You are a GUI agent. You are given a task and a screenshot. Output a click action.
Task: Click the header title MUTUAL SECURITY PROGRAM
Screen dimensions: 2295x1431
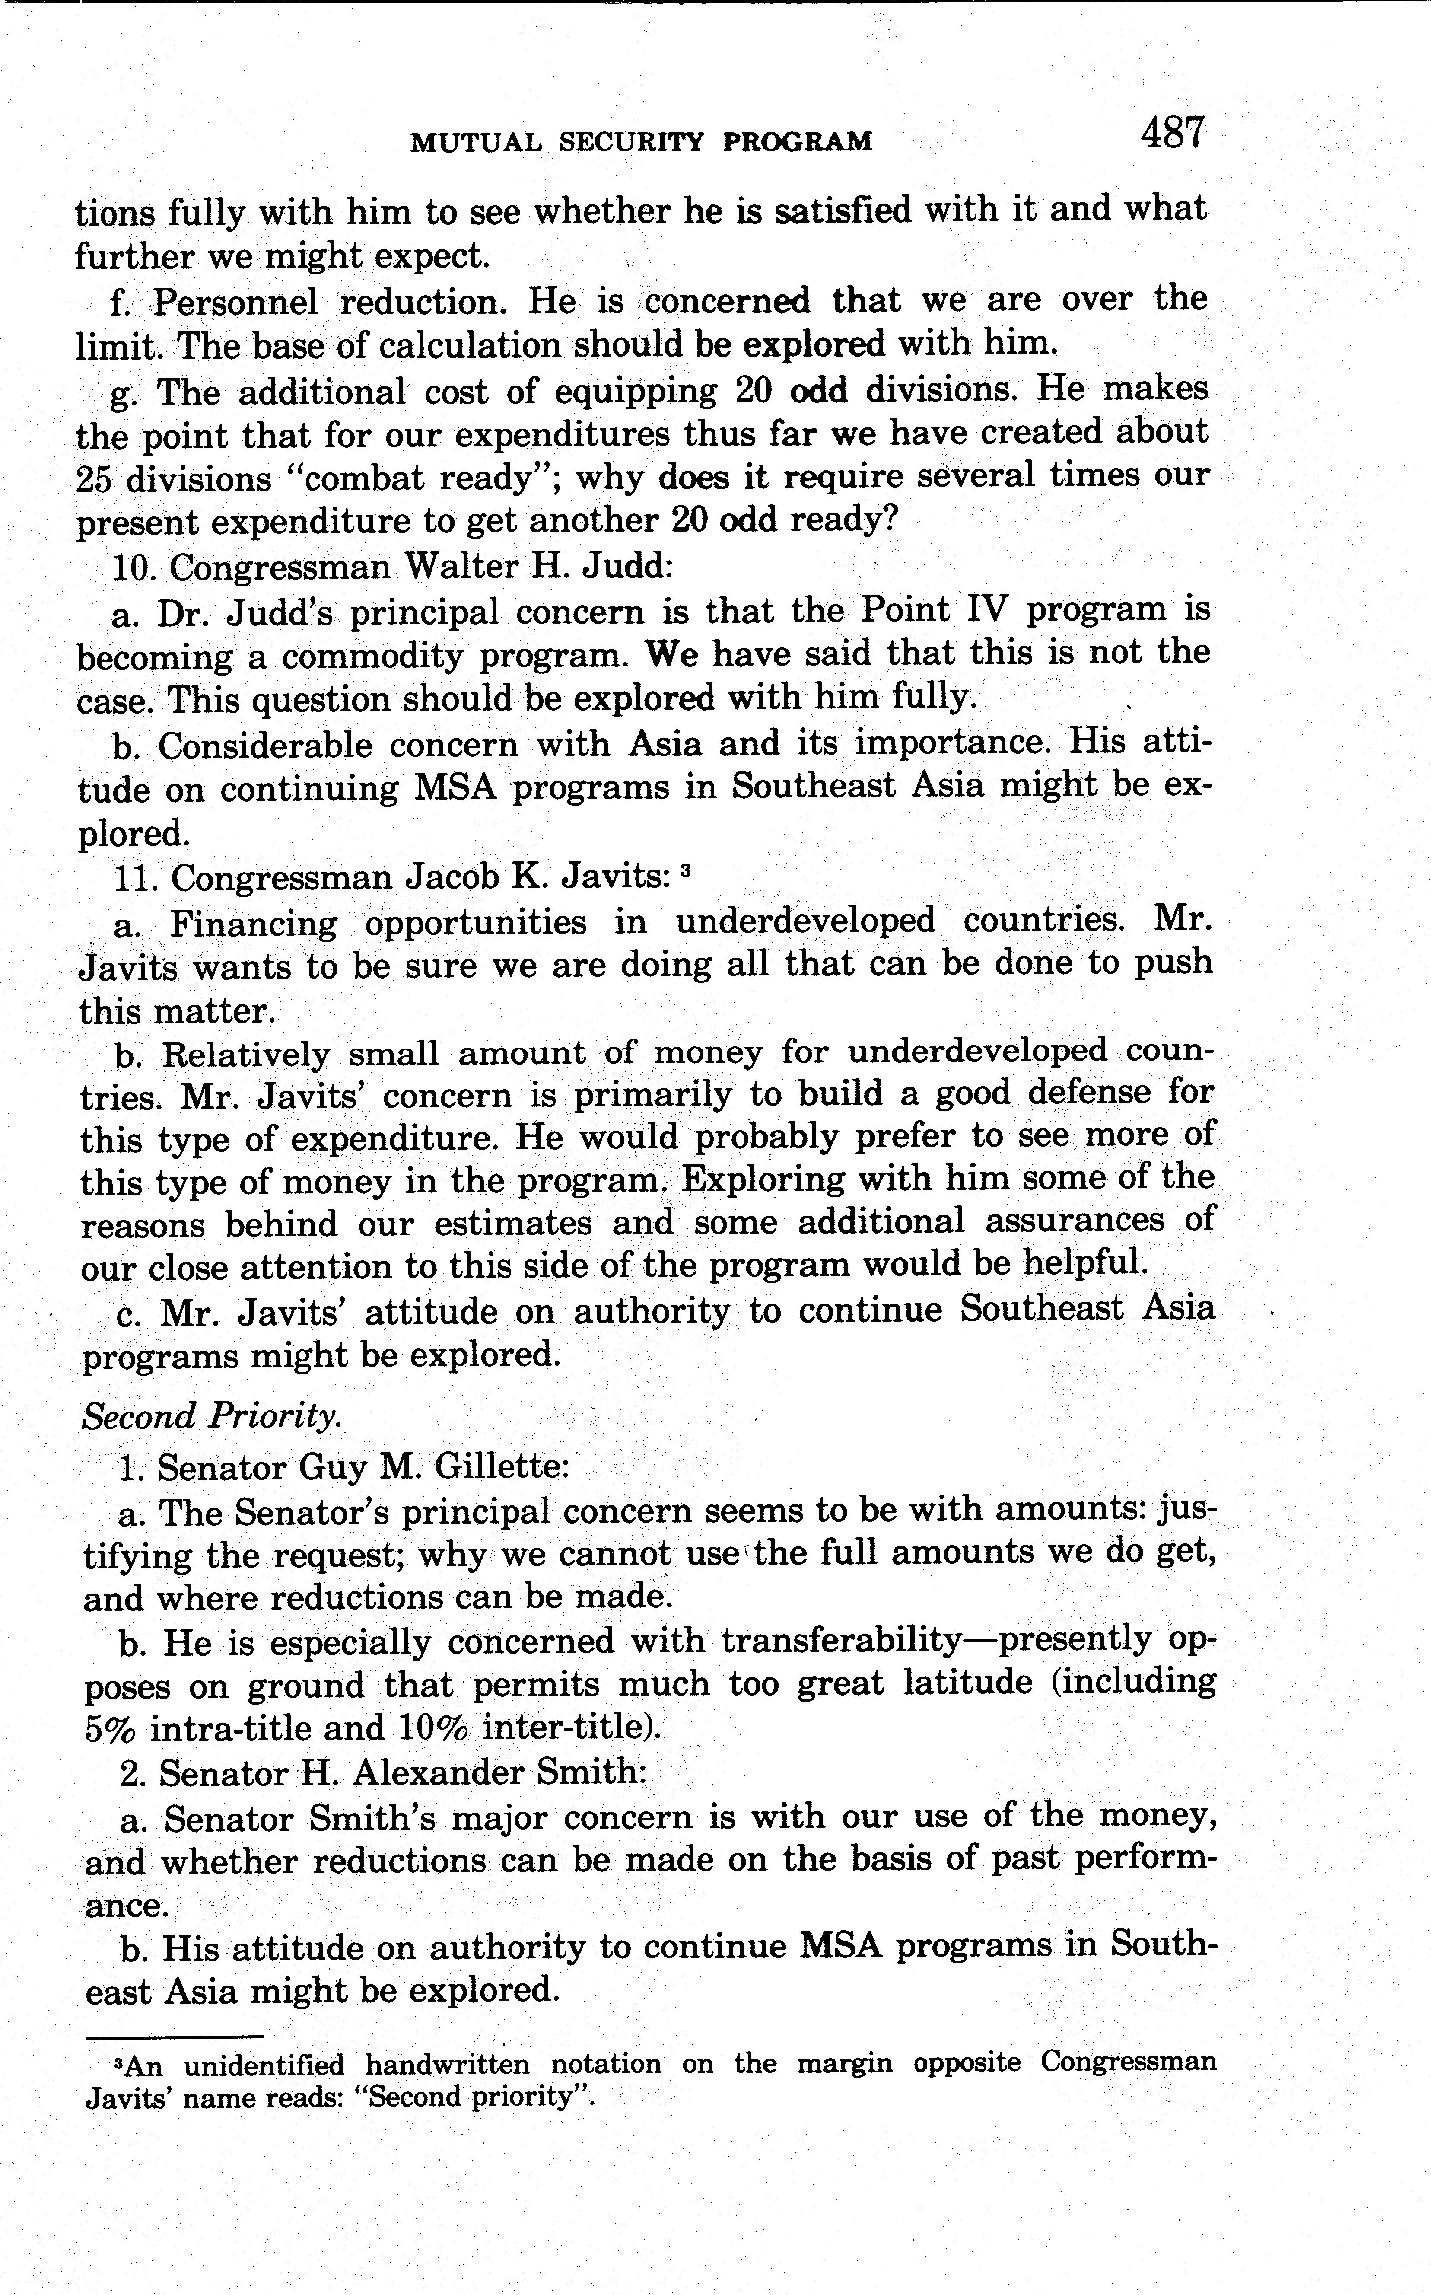[641, 142]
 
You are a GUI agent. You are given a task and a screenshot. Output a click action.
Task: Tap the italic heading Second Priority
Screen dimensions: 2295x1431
[212, 1416]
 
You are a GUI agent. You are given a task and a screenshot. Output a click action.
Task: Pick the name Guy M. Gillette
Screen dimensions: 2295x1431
[432, 1466]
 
